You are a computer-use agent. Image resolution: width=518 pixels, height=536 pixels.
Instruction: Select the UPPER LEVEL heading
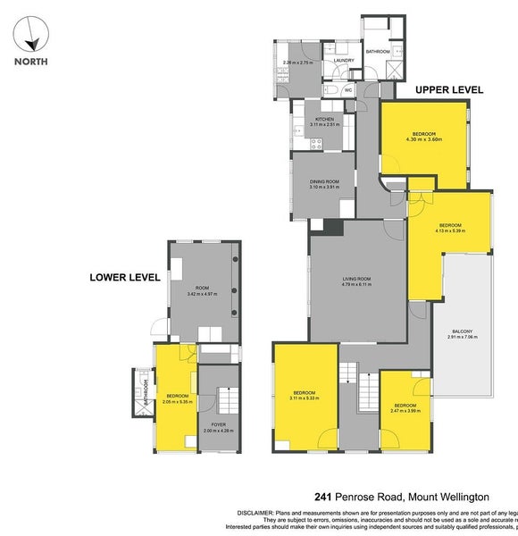pos(449,90)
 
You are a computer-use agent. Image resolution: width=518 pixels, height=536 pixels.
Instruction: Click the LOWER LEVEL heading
pos(125,278)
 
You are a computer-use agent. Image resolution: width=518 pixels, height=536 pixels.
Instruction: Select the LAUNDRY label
pos(345,61)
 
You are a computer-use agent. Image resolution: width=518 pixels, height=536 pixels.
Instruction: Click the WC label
pos(348,90)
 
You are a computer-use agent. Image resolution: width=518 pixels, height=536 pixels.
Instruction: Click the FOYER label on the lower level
pos(214,424)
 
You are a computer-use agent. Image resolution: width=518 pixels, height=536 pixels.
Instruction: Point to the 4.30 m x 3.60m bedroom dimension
pos(424,139)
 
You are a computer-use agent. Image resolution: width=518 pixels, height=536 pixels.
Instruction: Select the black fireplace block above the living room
pos(332,227)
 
